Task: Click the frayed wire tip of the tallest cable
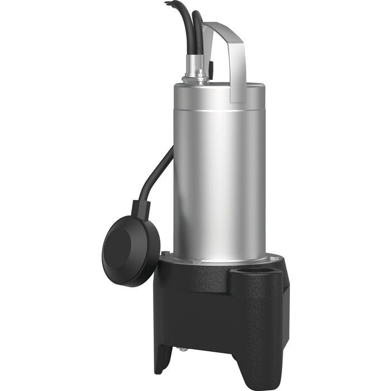pyautogui.click(x=166, y=3)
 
